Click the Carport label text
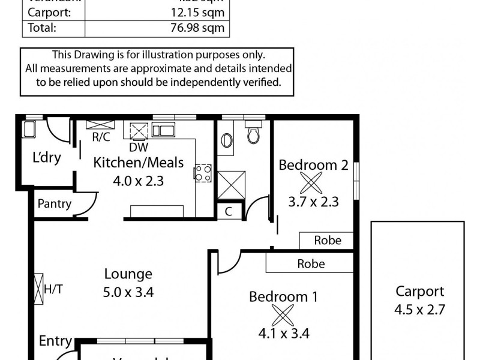[419, 292]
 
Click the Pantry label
[55, 203]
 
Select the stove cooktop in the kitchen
[202, 173]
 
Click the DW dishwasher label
[139, 147]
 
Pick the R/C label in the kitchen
[101, 137]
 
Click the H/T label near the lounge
[54, 290]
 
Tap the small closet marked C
[229, 211]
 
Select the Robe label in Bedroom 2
[328, 241]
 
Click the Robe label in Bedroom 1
[311, 263]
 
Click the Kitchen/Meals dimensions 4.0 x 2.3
[139, 181]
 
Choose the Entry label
[55, 341]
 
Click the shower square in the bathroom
[231, 184]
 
